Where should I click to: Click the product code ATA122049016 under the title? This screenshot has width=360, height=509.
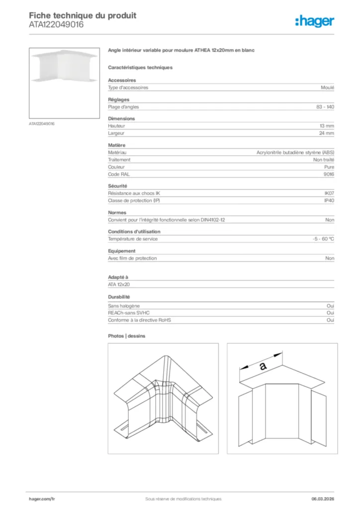pyautogui.click(x=56, y=24)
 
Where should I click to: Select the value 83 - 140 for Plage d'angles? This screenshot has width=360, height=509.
pyautogui.click(x=325, y=107)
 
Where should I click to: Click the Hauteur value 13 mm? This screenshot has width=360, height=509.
pyautogui.click(x=327, y=126)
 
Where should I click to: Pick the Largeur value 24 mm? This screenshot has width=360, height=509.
pyautogui.click(x=327, y=133)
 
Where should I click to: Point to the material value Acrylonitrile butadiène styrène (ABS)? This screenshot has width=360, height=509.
pyautogui.click(x=295, y=153)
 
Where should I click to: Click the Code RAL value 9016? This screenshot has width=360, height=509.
pyautogui.click(x=329, y=174)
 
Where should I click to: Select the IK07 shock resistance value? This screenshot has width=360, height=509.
pyautogui.click(x=329, y=193)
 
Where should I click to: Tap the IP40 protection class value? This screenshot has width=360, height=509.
pyautogui.click(x=329, y=200)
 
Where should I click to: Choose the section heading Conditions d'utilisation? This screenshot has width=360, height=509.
pyautogui.click(x=134, y=232)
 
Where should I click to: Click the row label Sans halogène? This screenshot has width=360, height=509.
pyautogui.click(x=124, y=306)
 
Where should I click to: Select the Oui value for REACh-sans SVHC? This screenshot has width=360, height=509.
pyautogui.click(x=330, y=313)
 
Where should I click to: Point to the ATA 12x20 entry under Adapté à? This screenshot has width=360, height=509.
pyautogui.click(x=119, y=285)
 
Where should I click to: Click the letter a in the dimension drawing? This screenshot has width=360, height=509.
pyautogui.click(x=263, y=366)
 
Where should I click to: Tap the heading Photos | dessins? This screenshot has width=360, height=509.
pyautogui.click(x=127, y=336)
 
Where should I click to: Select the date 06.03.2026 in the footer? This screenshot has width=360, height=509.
pyautogui.click(x=319, y=499)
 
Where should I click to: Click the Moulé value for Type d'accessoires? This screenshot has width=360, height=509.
pyautogui.click(x=328, y=87)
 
